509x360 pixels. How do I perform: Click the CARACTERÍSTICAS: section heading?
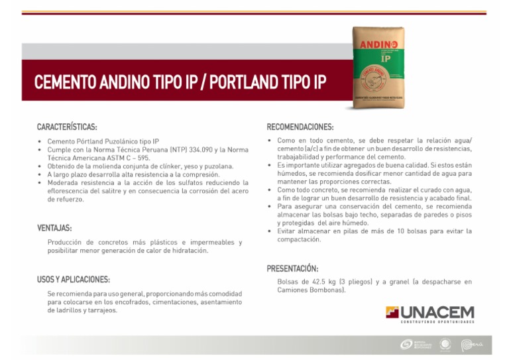pos(68,126)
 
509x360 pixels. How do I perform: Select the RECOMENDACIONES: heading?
pos(300,126)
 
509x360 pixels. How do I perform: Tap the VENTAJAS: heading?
pos(54,228)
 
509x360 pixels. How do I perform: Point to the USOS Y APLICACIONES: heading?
pos(74,279)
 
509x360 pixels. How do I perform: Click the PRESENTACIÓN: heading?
pos(292,269)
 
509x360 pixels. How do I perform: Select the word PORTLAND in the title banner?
pos(241,84)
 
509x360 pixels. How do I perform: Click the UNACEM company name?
pos(437,312)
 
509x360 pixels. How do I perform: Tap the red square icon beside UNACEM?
pos(392,312)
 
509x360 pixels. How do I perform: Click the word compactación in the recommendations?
pos(299,239)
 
